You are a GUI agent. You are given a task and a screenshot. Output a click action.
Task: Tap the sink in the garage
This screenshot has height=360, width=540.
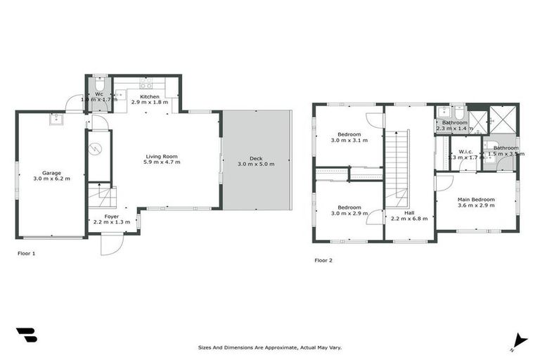56,120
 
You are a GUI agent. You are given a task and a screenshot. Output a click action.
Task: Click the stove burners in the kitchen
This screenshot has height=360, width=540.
146,84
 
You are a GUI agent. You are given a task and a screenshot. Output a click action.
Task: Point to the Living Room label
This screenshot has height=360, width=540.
162,156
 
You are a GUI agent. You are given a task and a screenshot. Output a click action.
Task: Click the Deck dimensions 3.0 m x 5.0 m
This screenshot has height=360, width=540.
256,164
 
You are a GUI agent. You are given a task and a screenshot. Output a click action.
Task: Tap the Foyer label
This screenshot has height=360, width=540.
112,217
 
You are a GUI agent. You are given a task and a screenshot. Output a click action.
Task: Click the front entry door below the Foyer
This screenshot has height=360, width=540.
111,243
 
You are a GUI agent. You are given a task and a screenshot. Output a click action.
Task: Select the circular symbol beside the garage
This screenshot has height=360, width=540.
98,148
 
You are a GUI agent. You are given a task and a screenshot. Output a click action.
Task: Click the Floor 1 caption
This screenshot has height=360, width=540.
26,253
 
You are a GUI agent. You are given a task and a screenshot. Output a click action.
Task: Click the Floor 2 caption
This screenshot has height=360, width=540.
323,260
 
